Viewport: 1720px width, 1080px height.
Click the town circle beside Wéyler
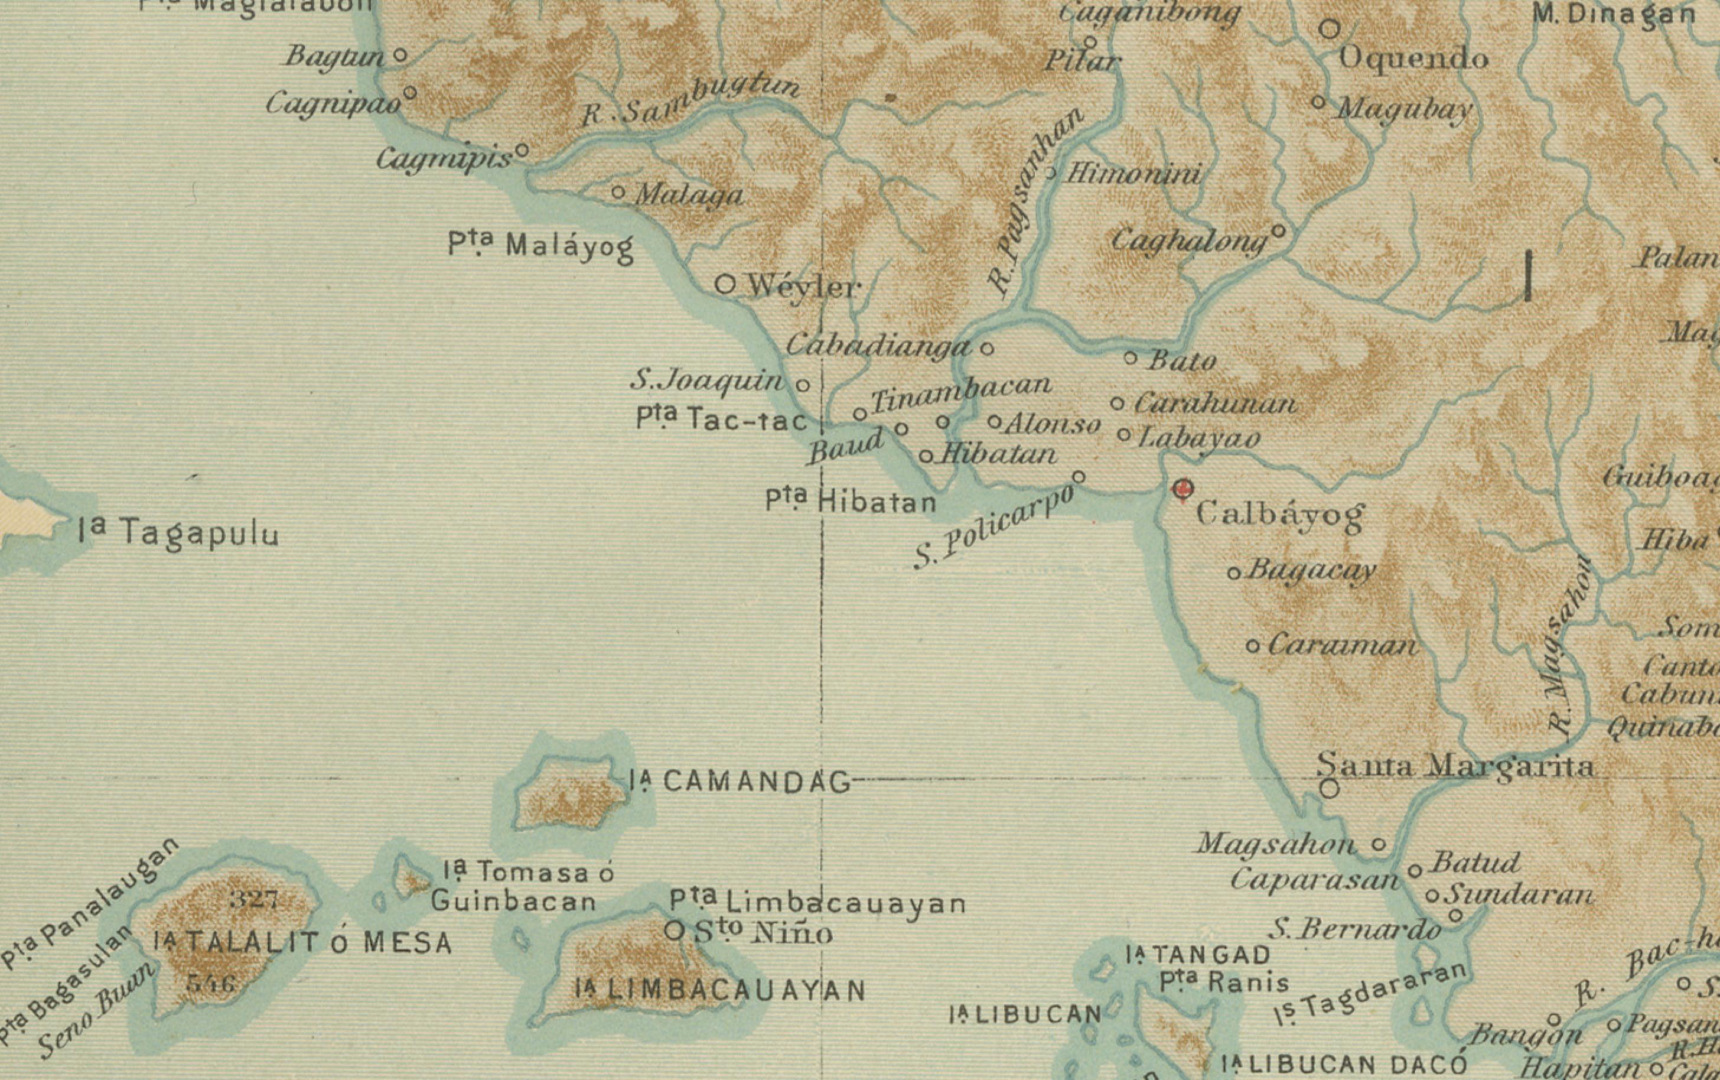pos(725,285)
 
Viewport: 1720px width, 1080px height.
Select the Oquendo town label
pos(1413,58)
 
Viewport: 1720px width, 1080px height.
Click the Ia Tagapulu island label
pos(178,533)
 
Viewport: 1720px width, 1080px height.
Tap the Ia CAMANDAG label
pos(741,782)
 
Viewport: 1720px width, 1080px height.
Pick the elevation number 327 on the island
pos(253,899)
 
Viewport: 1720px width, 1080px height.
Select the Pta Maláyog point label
pos(540,246)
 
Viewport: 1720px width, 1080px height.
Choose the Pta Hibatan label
pos(851,501)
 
